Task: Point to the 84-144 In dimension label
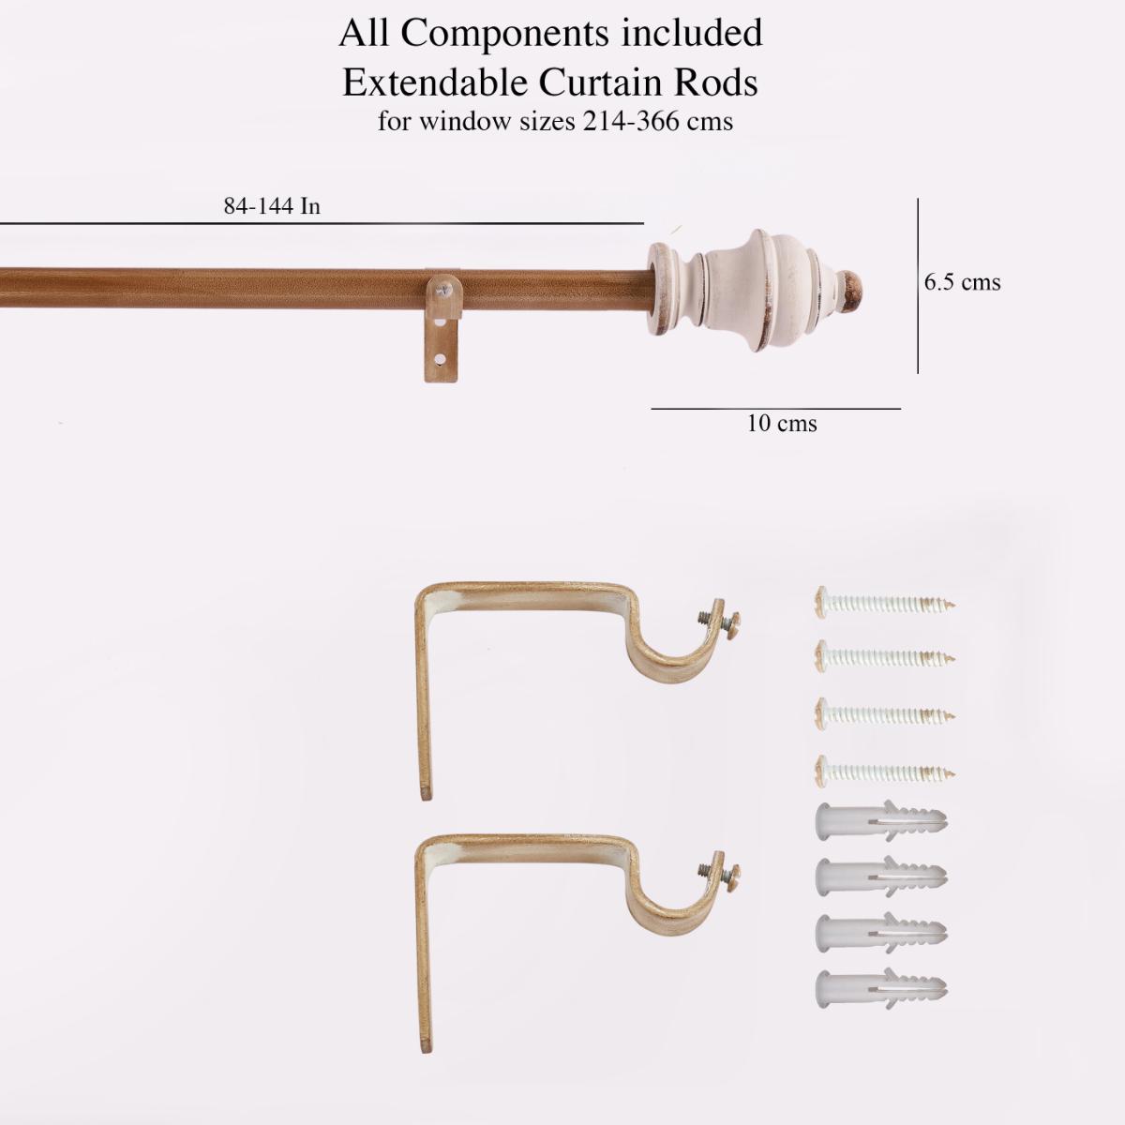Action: [x=272, y=206]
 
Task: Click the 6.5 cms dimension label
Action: [x=962, y=282]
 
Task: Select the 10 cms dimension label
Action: [x=782, y=424]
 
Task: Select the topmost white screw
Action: [x=886, y=601]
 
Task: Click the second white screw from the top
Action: [x=886, y=656]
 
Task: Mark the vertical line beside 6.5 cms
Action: [x=918, y=285]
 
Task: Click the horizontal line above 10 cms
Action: [x=775, y=409]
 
